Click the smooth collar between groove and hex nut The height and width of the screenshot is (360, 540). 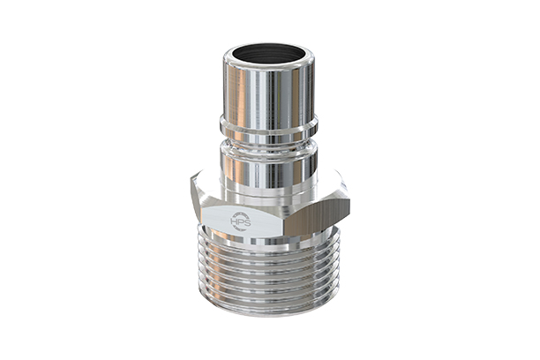pyautogui.click(x=268, y=168)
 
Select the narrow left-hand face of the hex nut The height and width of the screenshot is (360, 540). pyautogui.click(x=199, y=212)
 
